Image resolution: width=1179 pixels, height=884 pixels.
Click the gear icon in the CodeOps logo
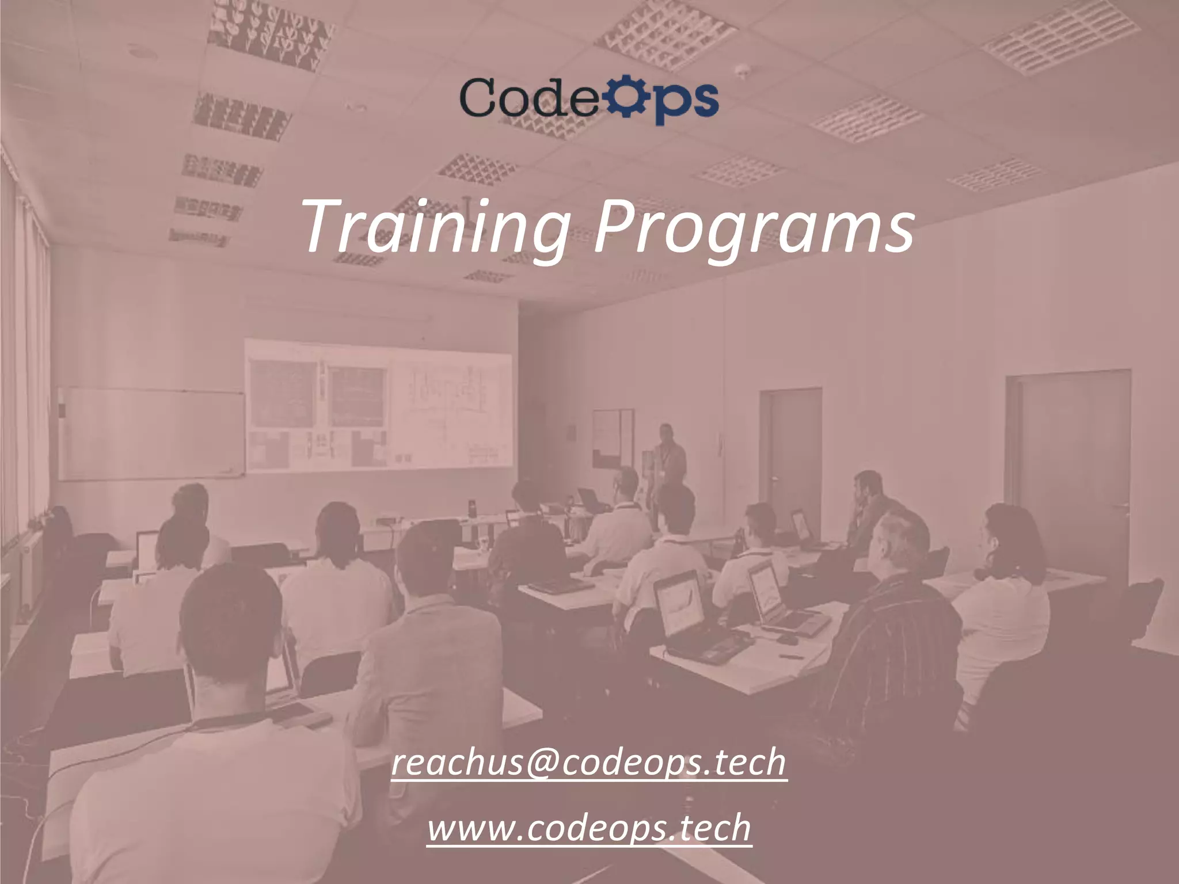(626, 99)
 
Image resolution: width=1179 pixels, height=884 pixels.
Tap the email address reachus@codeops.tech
(588, 762)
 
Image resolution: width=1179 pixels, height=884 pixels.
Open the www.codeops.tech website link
(589, 828)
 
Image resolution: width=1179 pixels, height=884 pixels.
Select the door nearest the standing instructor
(791, 455)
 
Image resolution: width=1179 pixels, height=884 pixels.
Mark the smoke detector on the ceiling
(741, 70)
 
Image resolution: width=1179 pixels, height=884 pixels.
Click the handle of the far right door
(1120, 506)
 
